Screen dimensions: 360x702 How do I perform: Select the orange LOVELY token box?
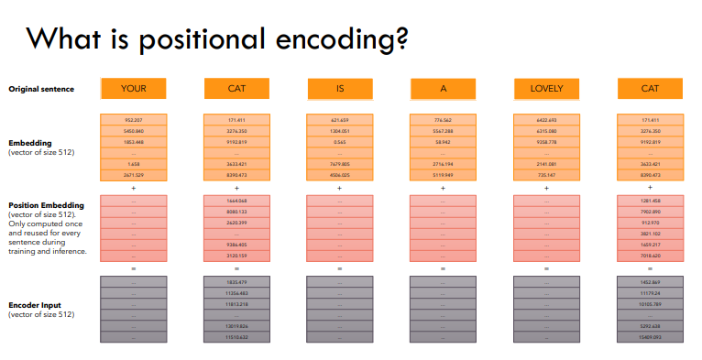point(546,89)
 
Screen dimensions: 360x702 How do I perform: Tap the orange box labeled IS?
point(339,89)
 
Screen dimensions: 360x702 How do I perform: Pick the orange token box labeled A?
point(443,89)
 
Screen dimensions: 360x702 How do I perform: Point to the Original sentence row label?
point(41,89)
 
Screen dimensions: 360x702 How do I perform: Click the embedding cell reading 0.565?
point(339,142)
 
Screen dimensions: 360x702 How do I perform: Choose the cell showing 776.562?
point(443,120)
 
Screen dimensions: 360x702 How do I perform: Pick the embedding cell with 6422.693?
point(546,120)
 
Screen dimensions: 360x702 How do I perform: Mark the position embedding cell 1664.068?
point(236,201)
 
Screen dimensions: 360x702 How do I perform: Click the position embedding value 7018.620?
point(650,256)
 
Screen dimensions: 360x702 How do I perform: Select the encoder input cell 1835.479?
point(236,282)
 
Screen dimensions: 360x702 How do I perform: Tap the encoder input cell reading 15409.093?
point(650,338)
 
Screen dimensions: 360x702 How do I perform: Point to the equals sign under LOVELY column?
point(546,267)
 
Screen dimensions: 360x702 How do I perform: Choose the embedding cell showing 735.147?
point(546,174)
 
